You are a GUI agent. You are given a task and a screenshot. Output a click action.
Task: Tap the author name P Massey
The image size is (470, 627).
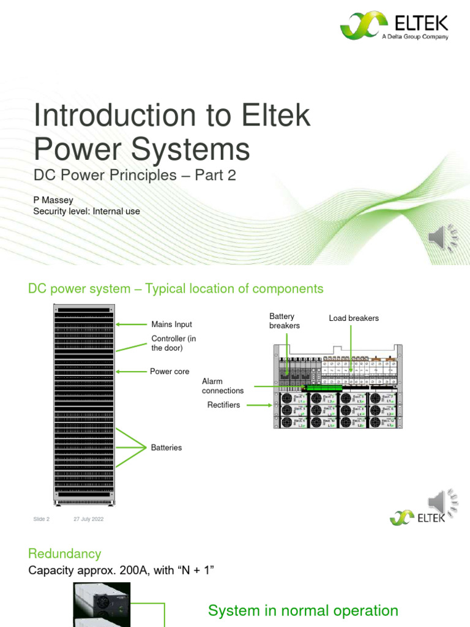pos(53,200)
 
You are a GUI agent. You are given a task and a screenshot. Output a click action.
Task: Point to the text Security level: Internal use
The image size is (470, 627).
pos(86,211)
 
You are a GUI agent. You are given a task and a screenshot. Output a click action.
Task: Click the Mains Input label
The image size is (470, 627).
pos(171,325)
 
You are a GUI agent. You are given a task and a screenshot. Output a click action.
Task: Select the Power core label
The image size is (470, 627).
pos(170,372)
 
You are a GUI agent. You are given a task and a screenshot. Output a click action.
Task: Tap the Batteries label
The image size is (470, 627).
pos(166,448)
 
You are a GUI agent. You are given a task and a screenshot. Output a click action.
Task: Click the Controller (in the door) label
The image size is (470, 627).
pos(174,344)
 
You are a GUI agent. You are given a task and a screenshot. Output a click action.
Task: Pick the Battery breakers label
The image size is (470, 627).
pos(285,321)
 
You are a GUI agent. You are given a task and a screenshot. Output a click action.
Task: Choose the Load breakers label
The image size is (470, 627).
pos(354,318)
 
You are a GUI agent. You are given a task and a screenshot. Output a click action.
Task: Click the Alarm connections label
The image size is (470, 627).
pos(223,386)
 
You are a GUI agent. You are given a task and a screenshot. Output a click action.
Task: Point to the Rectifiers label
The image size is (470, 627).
pos(223,405)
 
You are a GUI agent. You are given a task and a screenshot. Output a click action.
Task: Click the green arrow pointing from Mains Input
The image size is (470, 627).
pos(130,325)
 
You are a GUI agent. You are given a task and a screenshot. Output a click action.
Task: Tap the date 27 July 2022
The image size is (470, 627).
pos(88,519)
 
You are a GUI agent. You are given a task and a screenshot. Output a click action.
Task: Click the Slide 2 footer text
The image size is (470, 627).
pos(41,519)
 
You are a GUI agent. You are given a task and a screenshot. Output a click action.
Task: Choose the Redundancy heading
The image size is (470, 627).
pos(65,554)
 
